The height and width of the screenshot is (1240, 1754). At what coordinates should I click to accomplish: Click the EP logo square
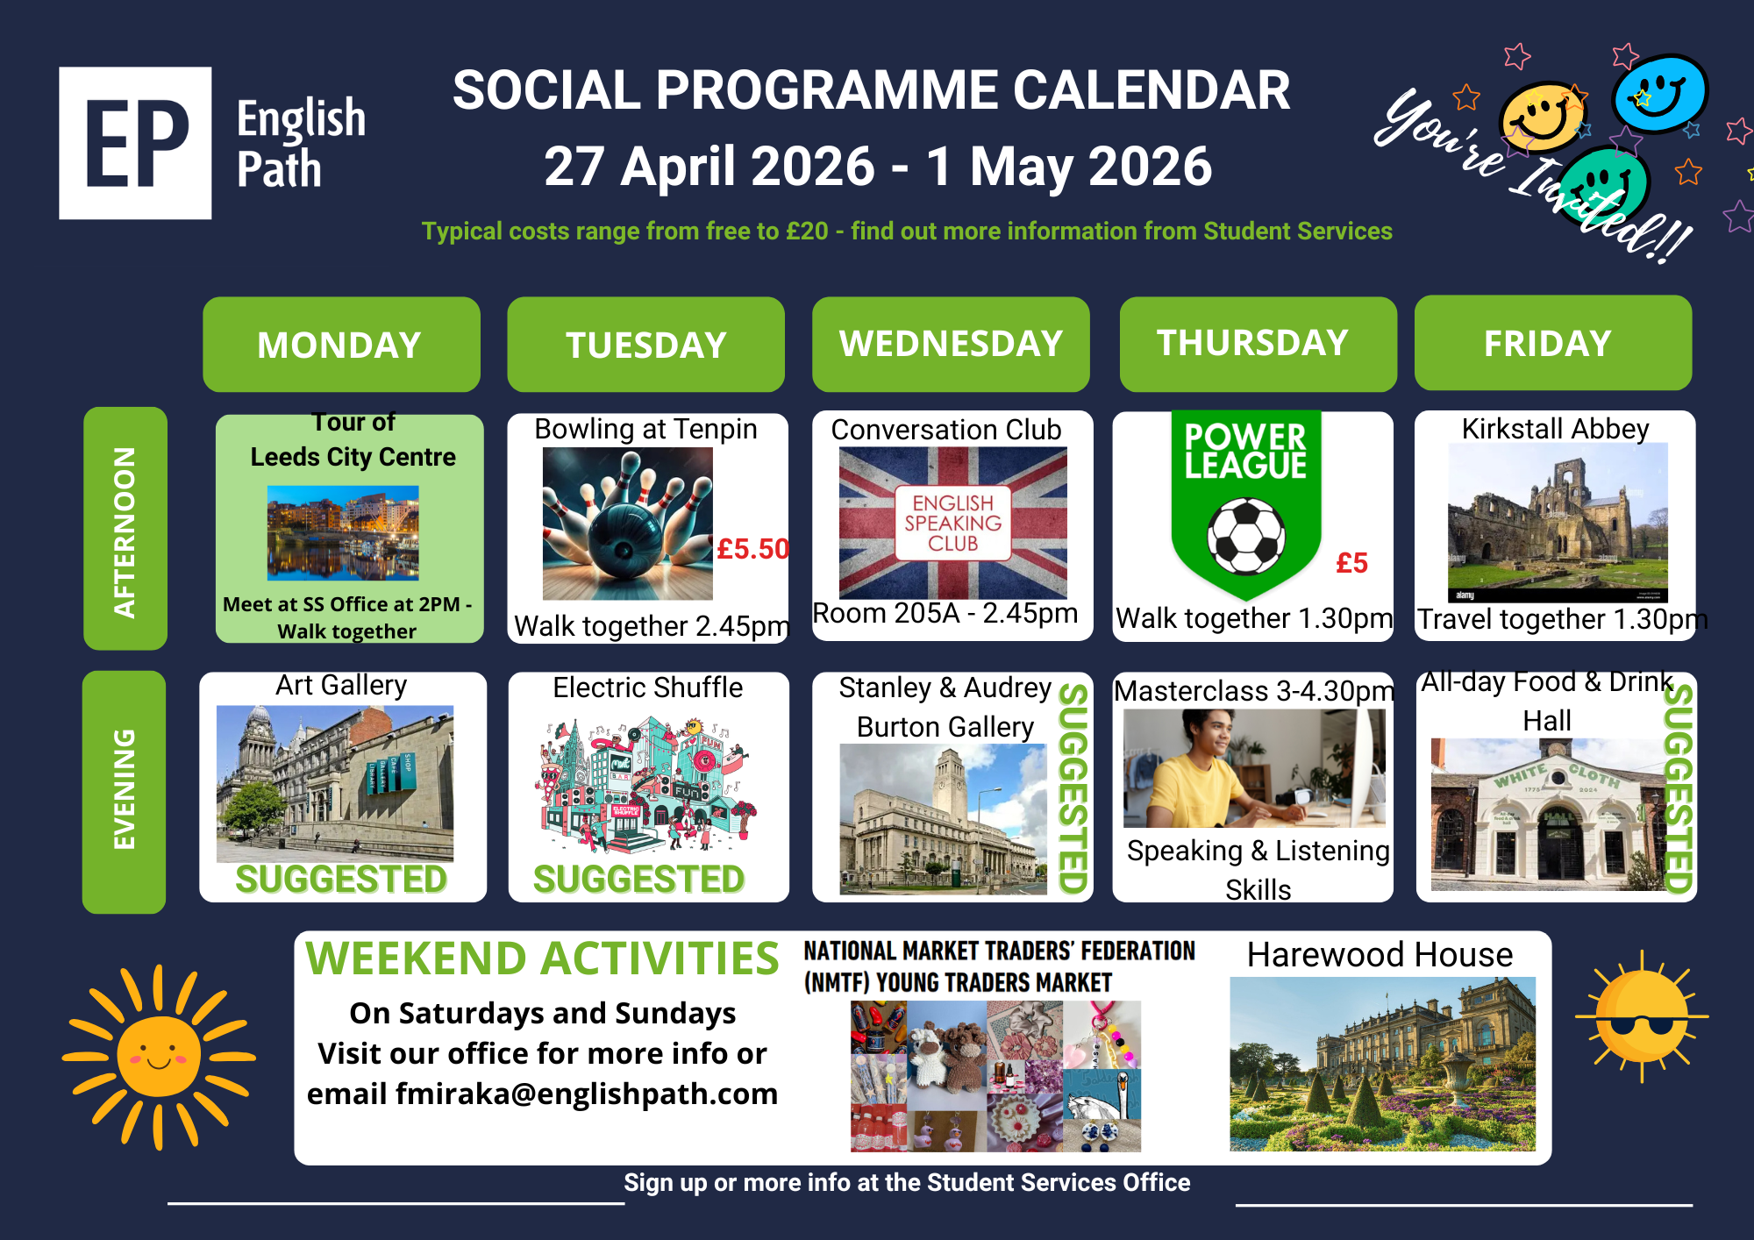coord(135,143)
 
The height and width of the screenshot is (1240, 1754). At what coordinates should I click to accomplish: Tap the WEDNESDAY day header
coord(951,344)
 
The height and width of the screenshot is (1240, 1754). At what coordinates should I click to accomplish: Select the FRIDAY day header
coord(1553,343)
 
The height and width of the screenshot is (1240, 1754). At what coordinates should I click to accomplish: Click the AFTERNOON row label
coord(125,528)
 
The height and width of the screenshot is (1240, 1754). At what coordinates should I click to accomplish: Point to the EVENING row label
coord(125,792)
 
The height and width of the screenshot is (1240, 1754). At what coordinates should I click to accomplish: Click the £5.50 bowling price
coord(752,549)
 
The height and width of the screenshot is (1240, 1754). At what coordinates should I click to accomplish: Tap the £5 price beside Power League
coord(1351,563)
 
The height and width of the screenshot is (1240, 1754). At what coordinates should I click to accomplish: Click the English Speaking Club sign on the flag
coord(953,523)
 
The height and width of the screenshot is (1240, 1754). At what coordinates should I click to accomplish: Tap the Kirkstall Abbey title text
coord(1555,428)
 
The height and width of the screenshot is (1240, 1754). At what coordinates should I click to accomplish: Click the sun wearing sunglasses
coord(1642,1016)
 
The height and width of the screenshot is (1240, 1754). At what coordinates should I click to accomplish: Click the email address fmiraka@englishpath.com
coord(587,1094)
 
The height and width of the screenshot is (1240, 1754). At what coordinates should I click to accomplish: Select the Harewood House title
coord(1380,954)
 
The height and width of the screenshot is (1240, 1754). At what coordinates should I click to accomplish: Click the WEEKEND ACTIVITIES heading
coord(542,958)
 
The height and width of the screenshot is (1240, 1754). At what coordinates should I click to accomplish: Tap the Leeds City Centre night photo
coord(343,533)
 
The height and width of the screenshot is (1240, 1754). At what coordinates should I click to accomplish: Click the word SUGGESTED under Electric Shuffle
coord(639,880)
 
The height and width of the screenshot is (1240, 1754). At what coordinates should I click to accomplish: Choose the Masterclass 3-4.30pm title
coord(1253,691)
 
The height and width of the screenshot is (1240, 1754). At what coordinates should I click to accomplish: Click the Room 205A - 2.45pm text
coord(945,613)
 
